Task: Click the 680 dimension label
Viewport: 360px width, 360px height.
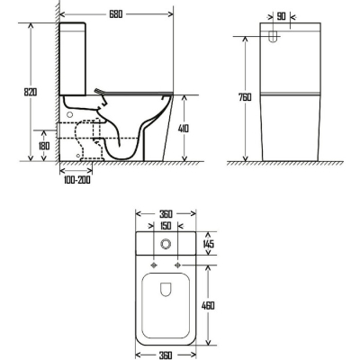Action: click(x=115, y=14)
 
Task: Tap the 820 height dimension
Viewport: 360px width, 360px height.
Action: click(x=31, y=92)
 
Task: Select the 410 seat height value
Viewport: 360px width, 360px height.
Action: click(x=184, y=129)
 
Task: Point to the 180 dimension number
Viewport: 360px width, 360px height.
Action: click(x=44, y=146)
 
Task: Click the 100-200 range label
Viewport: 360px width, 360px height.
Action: click(x=76, y=180)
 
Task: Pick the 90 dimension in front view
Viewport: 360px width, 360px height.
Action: click(x=281, y=17)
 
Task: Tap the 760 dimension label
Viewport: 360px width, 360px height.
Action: click(x=245, y=97)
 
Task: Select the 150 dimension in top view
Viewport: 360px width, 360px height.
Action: click(x=166, y=225)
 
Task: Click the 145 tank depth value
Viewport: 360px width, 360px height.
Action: click(x=208, y=244)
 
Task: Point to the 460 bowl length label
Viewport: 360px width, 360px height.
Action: click(x=208, y=306)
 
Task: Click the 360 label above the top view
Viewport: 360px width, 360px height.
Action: click(x=166, y=214)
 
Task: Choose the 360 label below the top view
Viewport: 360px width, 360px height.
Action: click(x=166, y=355)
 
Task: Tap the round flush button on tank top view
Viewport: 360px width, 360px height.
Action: click(x=166, y=244)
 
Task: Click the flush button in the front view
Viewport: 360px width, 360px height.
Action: click(x=273, y=37)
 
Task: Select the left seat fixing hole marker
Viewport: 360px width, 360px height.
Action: click(x=154, y=265)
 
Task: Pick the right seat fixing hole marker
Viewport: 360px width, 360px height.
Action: click(x=178, y=265)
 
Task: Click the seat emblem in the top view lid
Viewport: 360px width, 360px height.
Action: click(x=166, y=290)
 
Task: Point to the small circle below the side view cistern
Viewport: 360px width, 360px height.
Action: click(x=70, y=114)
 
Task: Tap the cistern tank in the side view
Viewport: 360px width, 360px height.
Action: click(x=73, y=58)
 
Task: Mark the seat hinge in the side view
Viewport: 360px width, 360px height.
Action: click(x=101, y=91)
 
